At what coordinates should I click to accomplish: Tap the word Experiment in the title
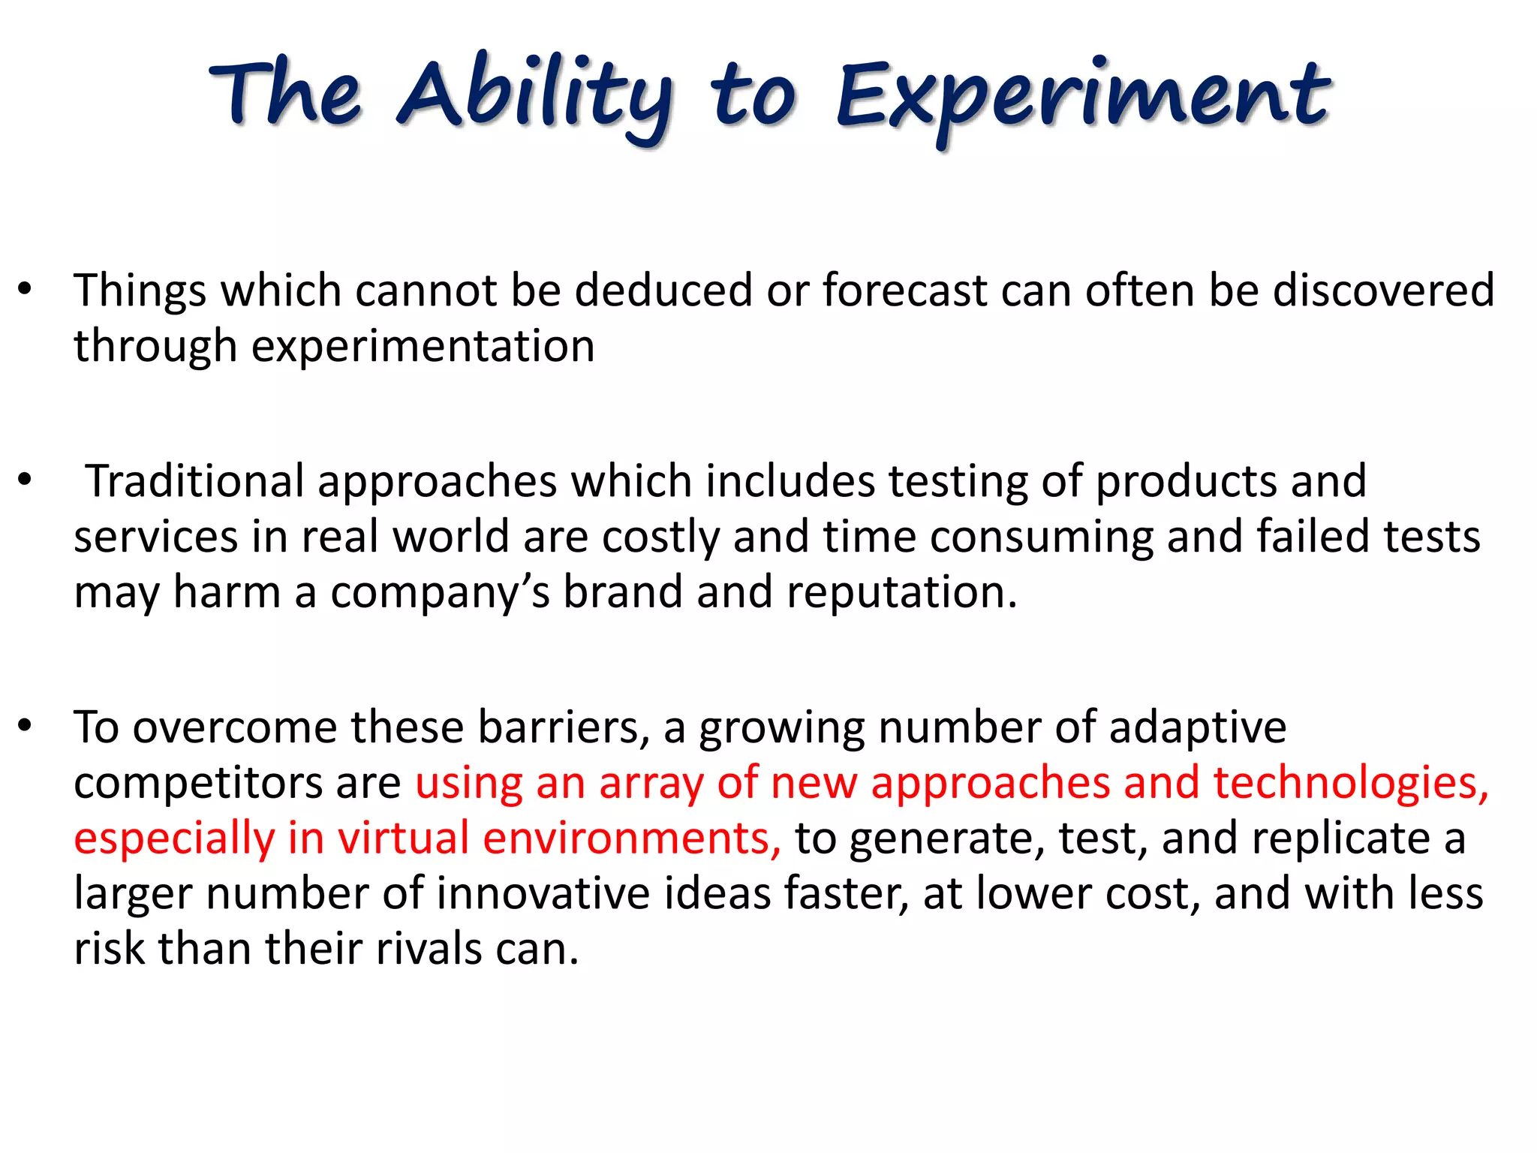pyautogui.click(x=1083, y=98)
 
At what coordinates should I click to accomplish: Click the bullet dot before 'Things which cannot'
pyautogui.click(x=25, y=290)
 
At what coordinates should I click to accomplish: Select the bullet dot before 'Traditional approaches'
pyautogui.click(x=25, y=480)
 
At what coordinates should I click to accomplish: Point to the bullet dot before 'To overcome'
pyautogui.click(x=25, y=726)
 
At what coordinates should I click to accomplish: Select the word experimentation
pyautogui.click(x=423, y=347)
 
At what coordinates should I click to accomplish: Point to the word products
pyautogui.click(x=1186, y=482)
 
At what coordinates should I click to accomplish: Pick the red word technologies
pyautogui.click(x=1351, y=784)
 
